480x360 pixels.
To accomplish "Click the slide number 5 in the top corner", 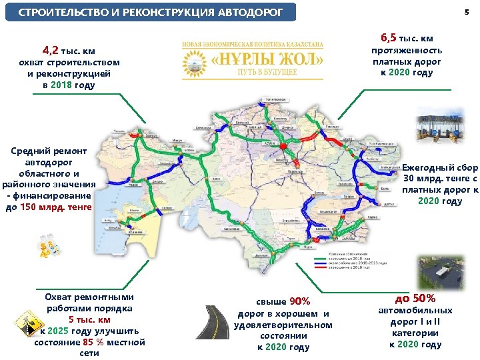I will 466,13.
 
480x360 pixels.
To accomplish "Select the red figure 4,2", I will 50,50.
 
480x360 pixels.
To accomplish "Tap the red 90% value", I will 299,301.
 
